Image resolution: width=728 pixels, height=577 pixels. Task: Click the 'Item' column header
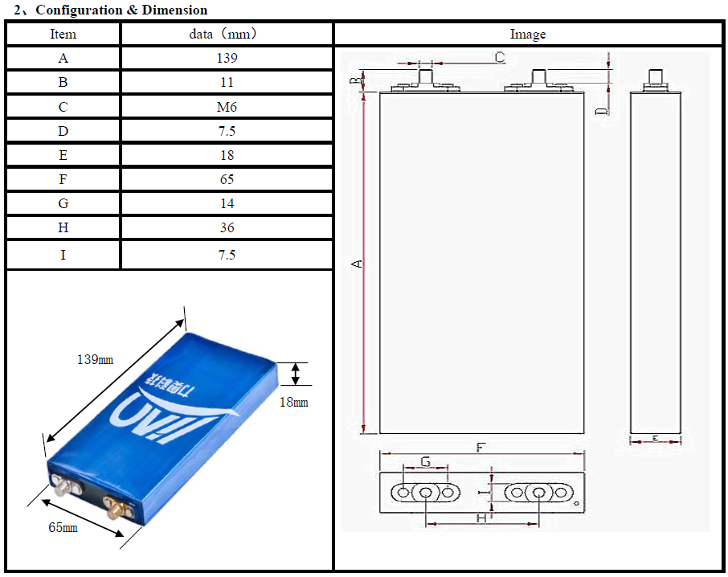[63, 34]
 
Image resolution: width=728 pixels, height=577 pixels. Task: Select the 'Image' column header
[528, 34]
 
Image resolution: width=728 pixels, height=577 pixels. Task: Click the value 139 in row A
[227, 58]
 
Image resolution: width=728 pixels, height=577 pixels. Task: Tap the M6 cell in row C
[227, 107]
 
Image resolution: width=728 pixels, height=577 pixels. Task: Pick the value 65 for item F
[227, 179]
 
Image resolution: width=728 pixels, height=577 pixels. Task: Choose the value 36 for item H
[227, 228]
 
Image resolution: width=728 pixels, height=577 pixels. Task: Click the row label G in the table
[63, 204]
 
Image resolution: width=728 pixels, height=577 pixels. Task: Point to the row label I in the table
[63, 255]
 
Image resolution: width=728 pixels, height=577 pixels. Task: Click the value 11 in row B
[227, 82]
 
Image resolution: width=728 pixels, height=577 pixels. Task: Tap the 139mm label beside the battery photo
[96, 360]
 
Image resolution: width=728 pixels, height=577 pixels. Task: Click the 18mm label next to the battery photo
[293, 402]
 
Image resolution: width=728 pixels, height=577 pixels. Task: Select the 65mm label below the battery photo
[63, 527]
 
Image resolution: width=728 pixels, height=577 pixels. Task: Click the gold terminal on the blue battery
[116, 508]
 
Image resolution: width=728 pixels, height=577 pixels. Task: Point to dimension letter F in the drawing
[481, 448]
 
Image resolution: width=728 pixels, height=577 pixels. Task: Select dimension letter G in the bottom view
[426, 462]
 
